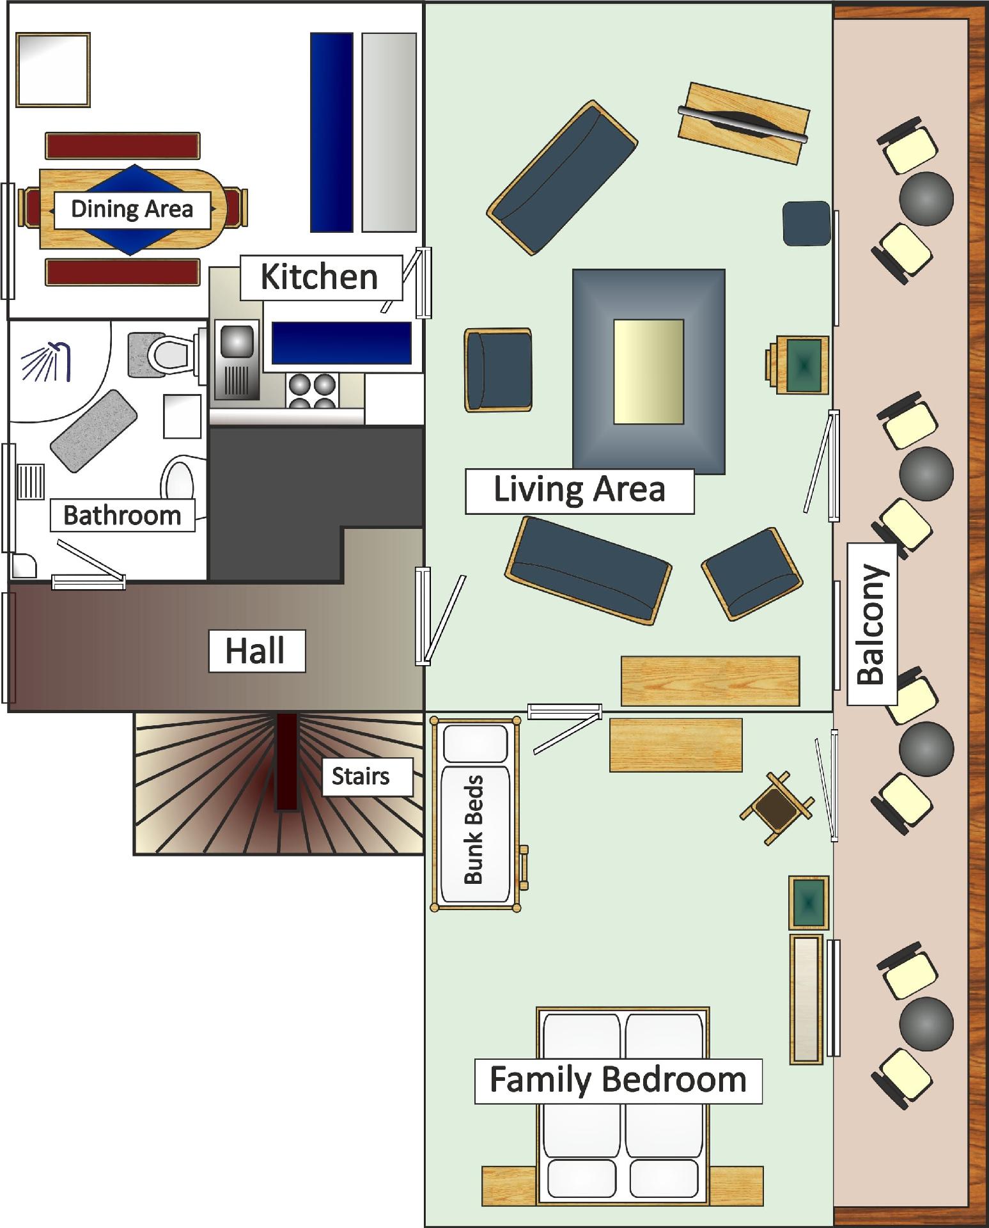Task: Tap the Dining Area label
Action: click(132, 210)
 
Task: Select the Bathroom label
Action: click(122, 516)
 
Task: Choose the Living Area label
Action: click(579, 491)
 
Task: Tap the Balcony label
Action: click(872, 624)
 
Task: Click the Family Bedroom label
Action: click(618, 1080)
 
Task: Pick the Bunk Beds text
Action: click(474, 830)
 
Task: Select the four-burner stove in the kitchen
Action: click(312, 390)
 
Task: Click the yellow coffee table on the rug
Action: click(648, 372)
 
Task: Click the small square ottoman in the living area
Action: click(807, 223)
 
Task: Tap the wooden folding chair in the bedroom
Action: click(777, 808)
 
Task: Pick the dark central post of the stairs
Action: click(287, 762)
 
